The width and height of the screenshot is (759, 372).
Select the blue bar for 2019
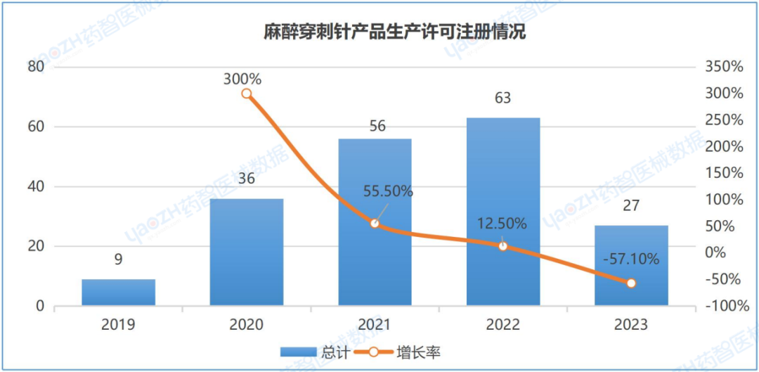118,292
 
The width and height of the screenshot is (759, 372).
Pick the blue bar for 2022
502,211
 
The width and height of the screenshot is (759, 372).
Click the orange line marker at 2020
247,94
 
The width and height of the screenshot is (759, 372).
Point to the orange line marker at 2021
375,224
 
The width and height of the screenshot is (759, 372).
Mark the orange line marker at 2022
502,246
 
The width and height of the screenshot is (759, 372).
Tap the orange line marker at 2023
631,283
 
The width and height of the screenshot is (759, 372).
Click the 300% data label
242,79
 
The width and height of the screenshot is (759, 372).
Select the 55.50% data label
388,191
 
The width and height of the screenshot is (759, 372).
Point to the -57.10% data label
631,259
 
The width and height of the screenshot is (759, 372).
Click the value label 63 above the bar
502,98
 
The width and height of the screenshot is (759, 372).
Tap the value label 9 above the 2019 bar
118,259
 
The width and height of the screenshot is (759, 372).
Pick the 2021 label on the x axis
375,325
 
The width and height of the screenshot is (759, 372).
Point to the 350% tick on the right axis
722,67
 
